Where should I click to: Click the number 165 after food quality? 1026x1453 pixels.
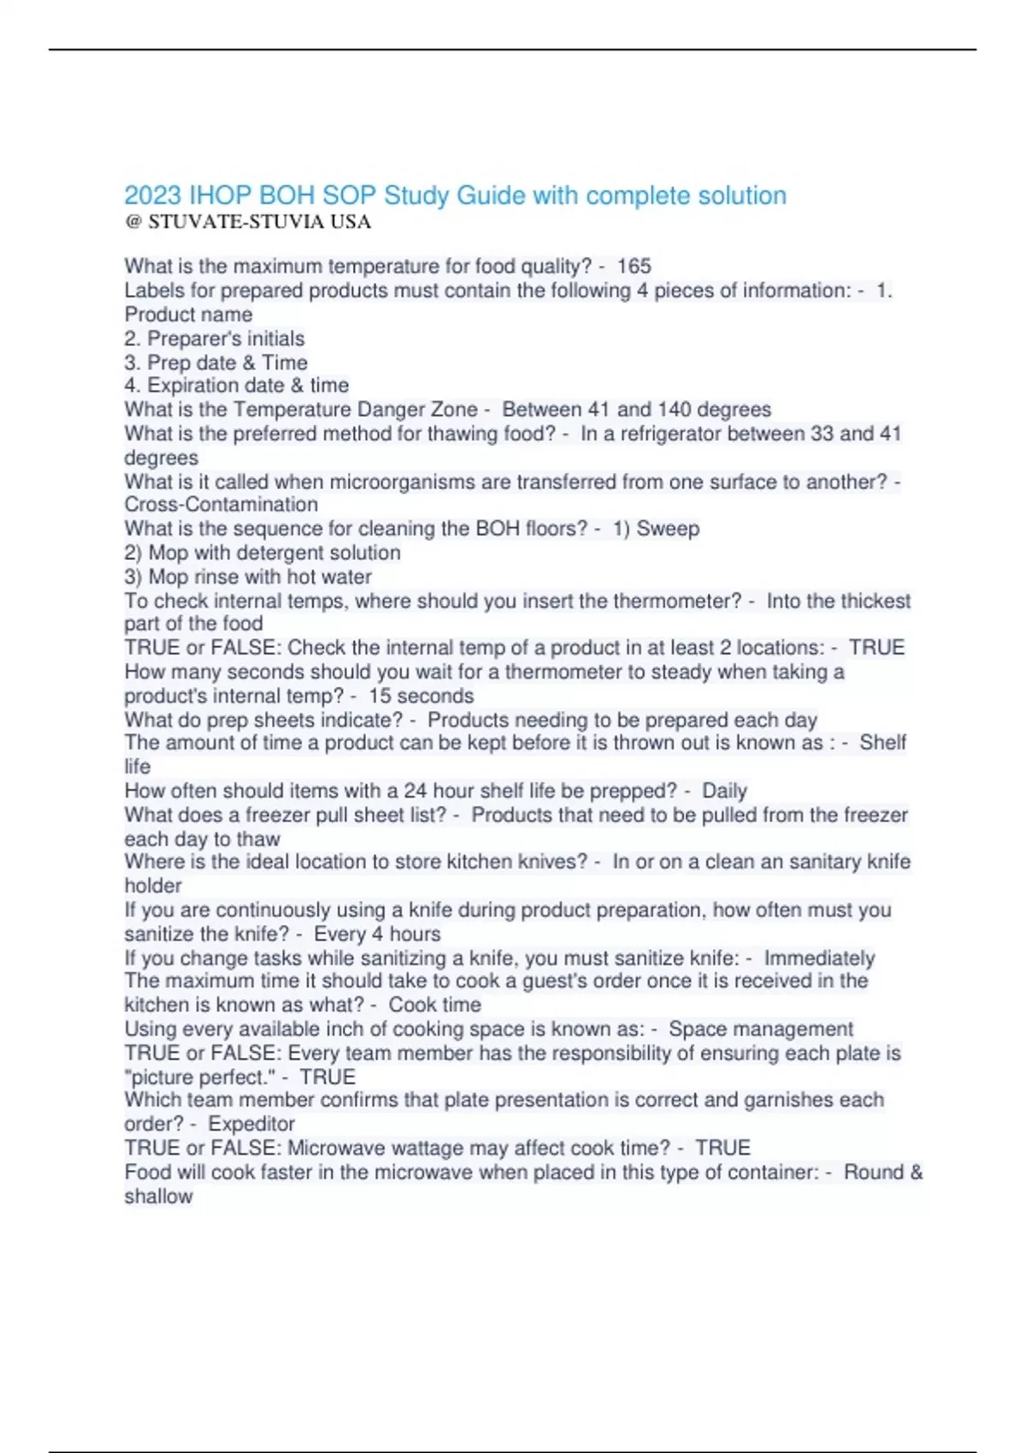tap(634, 267)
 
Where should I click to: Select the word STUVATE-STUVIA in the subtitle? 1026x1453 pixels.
tap(236, 222)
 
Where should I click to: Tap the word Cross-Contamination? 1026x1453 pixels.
tap(221, 504)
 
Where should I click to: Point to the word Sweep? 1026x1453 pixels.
tap(668, 529)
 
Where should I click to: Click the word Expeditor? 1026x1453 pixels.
tap(251, 1124)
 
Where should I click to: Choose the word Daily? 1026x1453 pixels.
tap(724, 791)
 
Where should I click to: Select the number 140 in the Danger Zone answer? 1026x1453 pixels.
tap(674, 409)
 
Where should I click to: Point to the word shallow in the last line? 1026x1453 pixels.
tap(159, 1196)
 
